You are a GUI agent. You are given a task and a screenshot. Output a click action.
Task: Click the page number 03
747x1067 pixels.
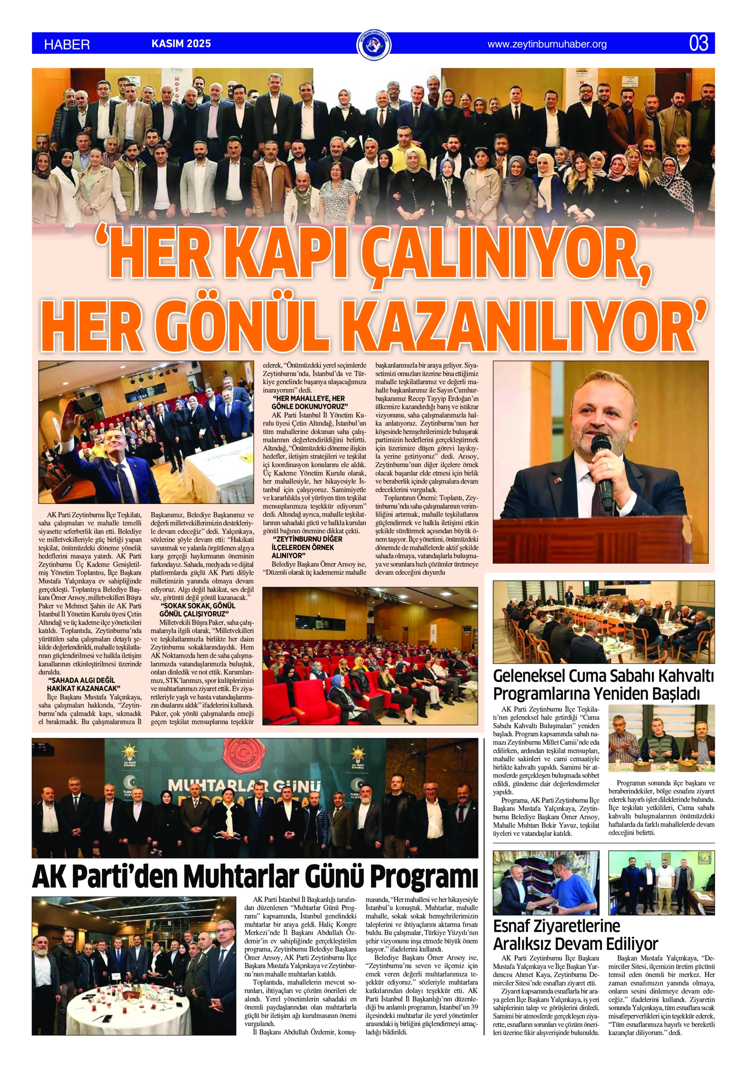699,43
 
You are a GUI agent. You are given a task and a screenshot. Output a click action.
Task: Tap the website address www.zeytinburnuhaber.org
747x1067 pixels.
546,44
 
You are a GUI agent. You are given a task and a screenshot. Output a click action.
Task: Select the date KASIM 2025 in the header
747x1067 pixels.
181,44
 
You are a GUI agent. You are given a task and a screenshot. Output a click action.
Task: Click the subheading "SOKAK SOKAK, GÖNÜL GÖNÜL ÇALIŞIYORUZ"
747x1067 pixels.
197,610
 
